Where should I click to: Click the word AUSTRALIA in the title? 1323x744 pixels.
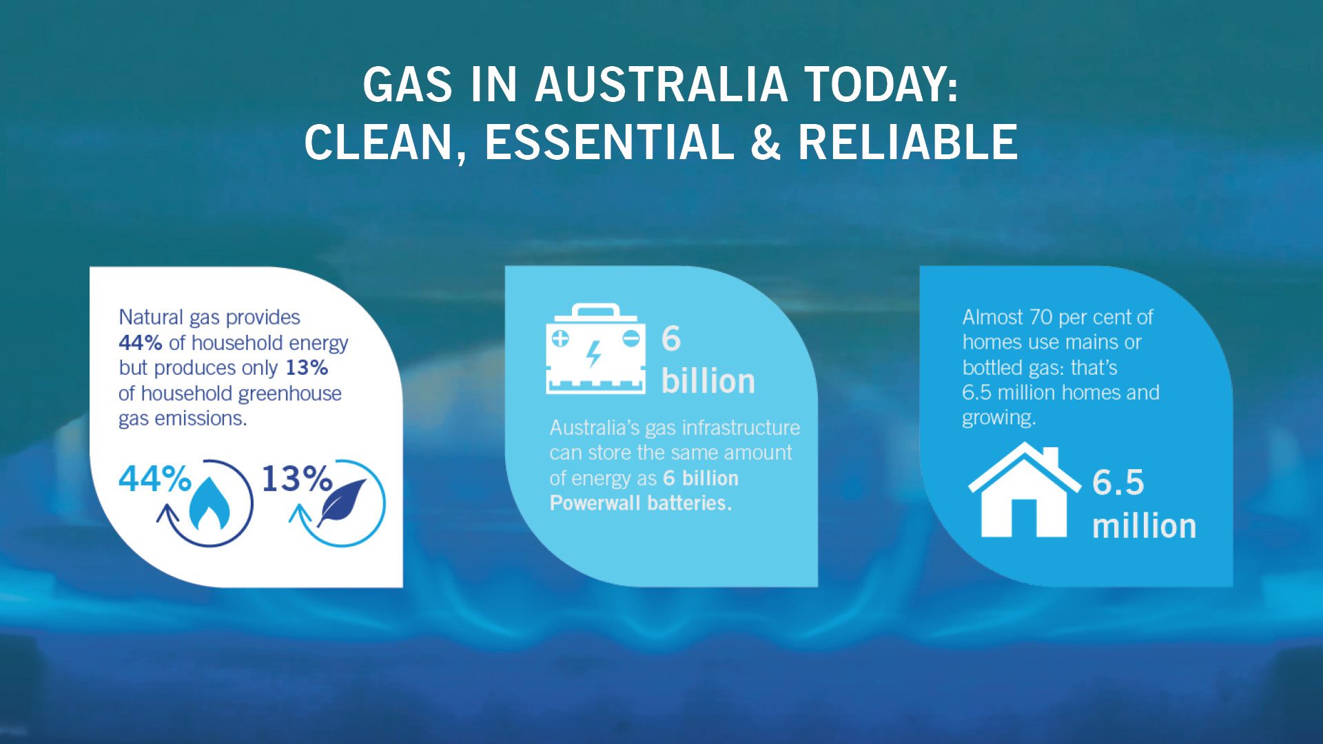661,85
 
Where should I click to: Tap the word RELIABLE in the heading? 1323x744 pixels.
907,143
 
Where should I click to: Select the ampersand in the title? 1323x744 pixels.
765,143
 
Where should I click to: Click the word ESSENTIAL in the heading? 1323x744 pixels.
608,143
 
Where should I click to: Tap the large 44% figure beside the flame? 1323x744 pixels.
154,478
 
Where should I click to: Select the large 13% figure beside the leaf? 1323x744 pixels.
297,478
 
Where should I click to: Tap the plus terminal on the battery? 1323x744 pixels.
560,338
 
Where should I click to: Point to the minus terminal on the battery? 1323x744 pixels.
630,338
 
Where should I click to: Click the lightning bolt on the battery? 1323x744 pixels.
593,354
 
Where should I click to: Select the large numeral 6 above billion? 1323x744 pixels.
670,339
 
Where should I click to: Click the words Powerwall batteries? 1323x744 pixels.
640,504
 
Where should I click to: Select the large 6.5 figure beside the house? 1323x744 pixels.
1118,482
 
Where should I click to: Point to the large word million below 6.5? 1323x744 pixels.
1144,526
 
